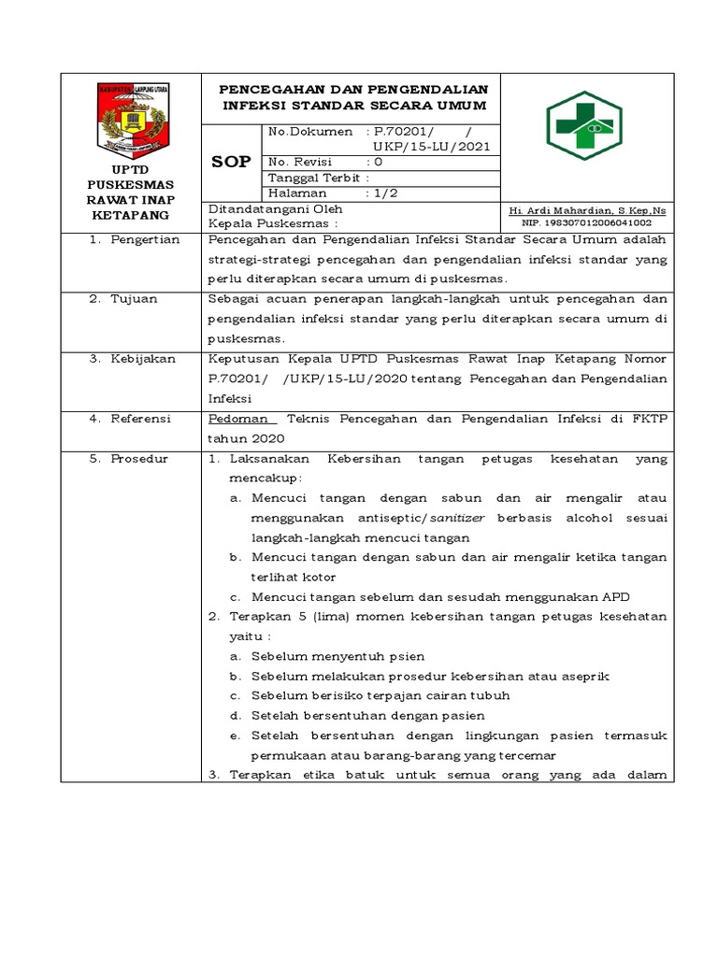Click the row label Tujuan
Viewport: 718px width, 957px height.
(x=136, y=299)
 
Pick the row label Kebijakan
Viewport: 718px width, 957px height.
(x=143, y=359)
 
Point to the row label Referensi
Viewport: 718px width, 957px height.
(x=142, y=419)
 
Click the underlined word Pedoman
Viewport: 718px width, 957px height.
(x=237, y=419)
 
